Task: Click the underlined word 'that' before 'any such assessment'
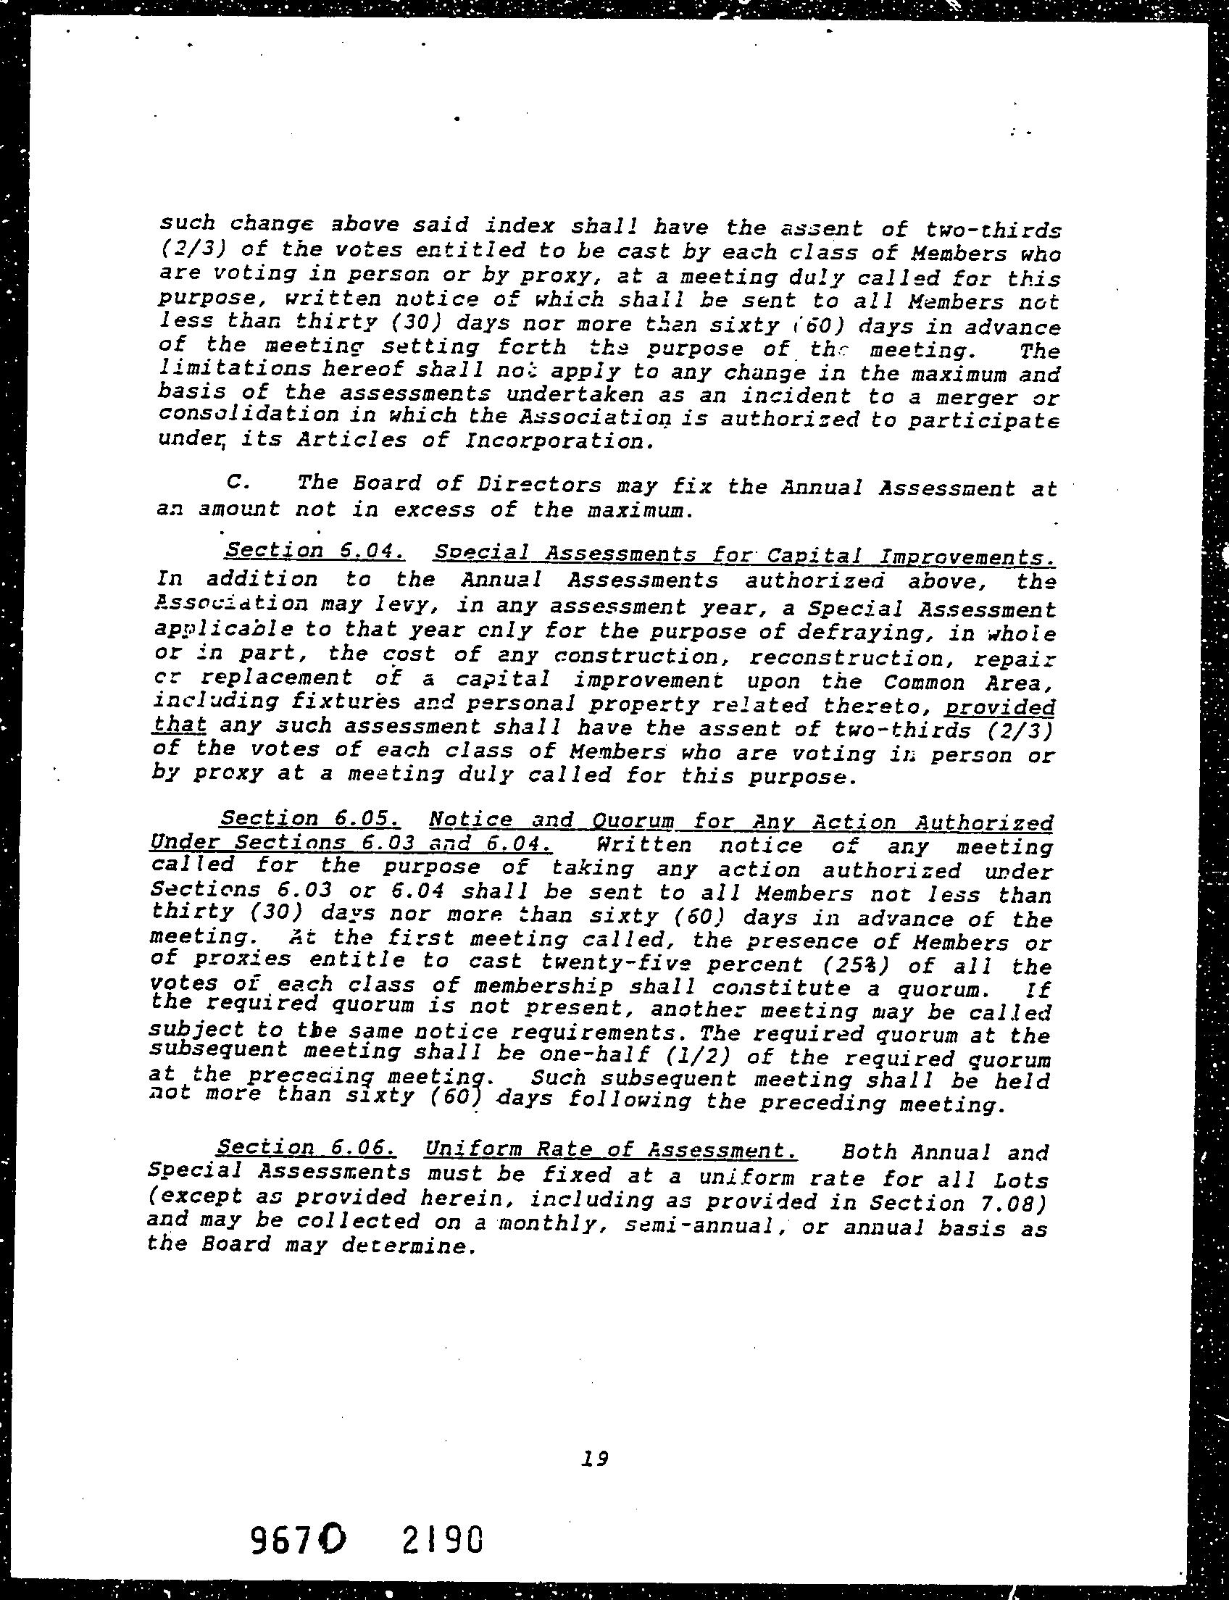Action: click(179, 725)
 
